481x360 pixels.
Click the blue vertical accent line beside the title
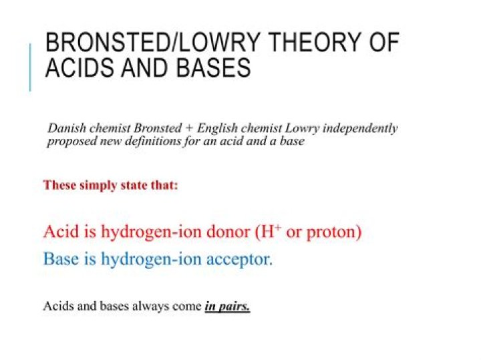(30, 67)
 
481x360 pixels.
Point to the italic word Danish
(65, 128)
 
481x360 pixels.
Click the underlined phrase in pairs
(227, 307)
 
